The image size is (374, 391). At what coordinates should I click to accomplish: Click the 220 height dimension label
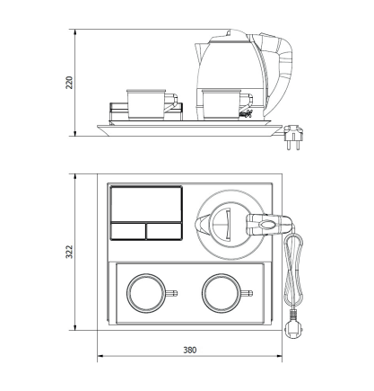[x=69, y=83]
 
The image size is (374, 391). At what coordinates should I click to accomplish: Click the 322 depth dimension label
[x=69, y=252]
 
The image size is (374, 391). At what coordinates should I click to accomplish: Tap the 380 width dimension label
[x=190, y=350]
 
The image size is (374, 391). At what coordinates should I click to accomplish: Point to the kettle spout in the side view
[x=199, y=52]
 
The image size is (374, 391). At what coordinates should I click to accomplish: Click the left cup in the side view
[x=146, y=104]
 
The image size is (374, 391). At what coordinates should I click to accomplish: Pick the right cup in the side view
[x=222, y=104]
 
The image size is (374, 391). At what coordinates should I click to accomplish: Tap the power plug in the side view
[x=293, y=137]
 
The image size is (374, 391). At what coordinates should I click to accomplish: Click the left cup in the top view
[x=146, y=293]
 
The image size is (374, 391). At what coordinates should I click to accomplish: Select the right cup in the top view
[x=222, y=293]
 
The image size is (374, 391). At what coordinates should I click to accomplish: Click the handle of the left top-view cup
[x=172, y=293]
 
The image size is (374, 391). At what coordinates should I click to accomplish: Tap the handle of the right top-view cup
[x=248, y=293]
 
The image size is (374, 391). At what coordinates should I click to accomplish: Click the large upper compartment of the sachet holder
[x=146, y=204]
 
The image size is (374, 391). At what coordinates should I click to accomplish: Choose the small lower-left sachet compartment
[x=128, y=231]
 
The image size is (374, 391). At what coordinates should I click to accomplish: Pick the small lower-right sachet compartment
[x=164, y=231]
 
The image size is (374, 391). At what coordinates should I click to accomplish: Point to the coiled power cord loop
[x=293, y=270]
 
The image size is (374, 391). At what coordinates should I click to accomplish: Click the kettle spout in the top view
[x=201, y=225]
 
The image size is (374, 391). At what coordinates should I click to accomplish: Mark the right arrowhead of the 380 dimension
[x=282, y=356]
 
